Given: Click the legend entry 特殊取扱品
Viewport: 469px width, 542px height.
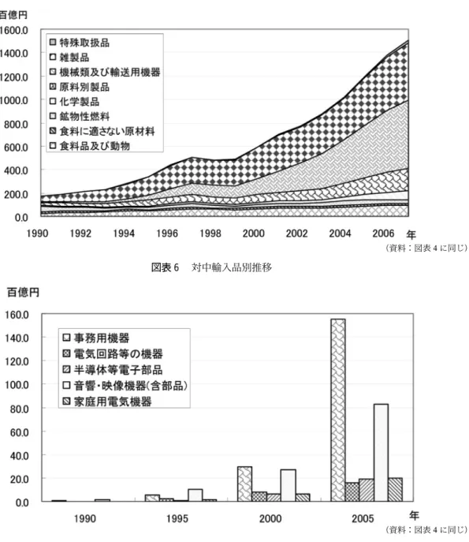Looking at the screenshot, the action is [80, 43].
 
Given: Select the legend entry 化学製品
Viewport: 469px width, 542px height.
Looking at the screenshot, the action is [74, 102].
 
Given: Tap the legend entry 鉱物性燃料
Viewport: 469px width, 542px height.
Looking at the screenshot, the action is [80, 117].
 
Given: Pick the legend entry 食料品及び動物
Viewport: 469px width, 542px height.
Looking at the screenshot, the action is [89, 146].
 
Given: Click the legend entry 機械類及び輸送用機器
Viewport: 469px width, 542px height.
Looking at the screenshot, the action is [105, 72].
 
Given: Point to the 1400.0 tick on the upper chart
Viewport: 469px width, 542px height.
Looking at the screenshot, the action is [14, 54].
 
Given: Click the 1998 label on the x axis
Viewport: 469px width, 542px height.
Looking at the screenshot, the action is [210, 234].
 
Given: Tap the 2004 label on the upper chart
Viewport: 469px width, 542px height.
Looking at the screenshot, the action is [340, 234].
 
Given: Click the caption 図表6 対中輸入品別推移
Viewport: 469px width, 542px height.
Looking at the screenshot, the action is [211, 267].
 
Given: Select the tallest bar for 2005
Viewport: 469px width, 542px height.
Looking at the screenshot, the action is [338, 410].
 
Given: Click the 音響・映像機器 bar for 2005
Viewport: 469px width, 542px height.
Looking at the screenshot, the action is [381, 453].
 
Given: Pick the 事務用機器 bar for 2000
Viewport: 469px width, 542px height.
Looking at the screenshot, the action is [244, 484].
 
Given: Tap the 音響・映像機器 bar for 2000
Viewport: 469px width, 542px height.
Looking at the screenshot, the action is [288, 485].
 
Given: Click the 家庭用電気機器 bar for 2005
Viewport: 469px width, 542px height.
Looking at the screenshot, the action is [395, 489].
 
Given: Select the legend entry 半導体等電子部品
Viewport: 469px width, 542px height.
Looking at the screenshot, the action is [112, 370].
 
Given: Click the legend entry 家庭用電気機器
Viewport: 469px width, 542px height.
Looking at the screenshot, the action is [106, 402].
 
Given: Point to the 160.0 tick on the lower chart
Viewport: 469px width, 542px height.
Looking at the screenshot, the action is [17, 315].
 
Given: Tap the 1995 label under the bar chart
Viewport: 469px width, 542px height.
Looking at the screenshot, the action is [177, 518].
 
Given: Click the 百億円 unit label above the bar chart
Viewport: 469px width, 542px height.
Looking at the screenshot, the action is [23, 293].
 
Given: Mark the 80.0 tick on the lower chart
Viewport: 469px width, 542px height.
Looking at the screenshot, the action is [20, 409].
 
